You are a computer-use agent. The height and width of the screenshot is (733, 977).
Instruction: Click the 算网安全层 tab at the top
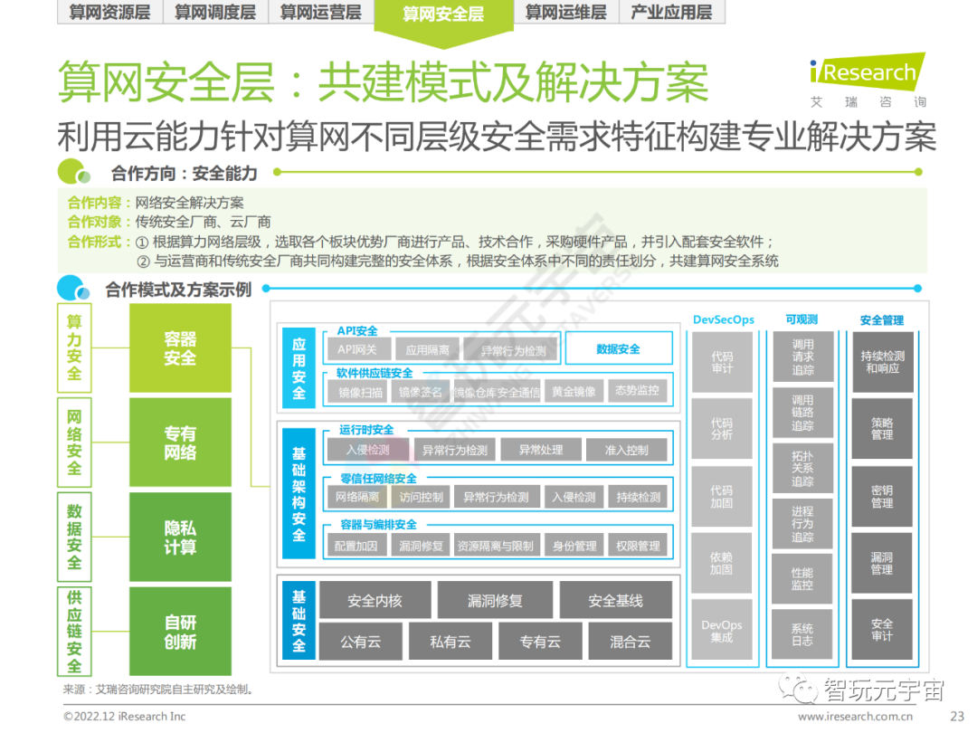(443, 14)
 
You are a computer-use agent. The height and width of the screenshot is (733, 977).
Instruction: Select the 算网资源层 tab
(109, 12)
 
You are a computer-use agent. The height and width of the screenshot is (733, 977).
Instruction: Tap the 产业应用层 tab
(670, 12)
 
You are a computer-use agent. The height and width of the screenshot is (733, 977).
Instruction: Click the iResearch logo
(868, 72)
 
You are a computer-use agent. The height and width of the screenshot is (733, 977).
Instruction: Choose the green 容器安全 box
(180, 348)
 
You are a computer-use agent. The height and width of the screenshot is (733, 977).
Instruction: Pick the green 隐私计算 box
(180, 538)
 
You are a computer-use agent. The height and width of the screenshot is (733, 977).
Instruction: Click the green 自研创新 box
(180, 632)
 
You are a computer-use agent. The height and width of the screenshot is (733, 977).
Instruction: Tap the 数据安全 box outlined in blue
(618, 348)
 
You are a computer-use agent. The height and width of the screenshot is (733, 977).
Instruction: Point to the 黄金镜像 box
(574, 391)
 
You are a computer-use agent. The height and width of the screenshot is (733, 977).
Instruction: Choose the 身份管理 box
(574, 546)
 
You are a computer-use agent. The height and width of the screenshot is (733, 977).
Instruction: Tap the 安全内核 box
(375, 601)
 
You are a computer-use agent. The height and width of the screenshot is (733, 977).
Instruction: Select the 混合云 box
(630, 642)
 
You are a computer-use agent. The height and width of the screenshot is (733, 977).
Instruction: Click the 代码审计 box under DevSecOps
(722, 362)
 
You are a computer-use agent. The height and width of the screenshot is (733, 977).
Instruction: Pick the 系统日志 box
(802, 634)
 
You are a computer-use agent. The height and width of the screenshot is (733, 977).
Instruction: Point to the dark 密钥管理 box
(882, 496)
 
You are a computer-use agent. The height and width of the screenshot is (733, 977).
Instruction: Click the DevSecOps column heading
(723, 319)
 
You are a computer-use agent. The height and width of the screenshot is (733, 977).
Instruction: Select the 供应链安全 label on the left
(74, 632)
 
